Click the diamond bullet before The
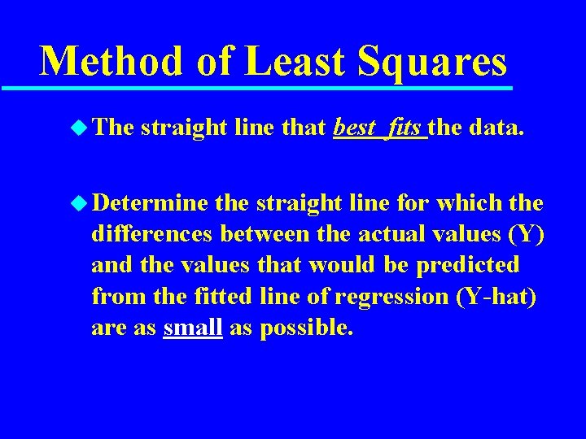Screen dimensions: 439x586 [77, 127]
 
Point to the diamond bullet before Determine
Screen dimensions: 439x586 [77, 201]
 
